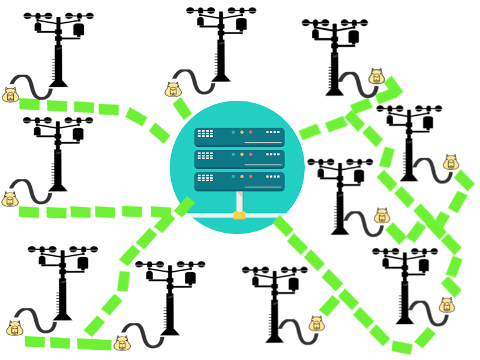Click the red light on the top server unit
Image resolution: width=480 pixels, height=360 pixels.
pos(251,132)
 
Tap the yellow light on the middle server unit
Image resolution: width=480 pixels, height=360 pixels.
pos(242,154)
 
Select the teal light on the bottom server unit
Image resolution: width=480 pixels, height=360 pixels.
pos(233,176)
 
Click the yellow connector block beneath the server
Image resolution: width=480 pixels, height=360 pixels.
pos(239,215)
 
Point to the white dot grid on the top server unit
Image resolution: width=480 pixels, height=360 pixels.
pos(205,133)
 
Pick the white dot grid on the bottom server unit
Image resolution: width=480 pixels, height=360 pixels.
pos(205,178)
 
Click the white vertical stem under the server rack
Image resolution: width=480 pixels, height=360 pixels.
pos(239,201)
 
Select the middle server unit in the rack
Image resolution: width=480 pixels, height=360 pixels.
pos(239,159)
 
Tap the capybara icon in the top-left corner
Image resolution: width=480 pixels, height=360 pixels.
pos(10,95)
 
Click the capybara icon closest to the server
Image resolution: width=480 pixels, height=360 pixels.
pos(173,90)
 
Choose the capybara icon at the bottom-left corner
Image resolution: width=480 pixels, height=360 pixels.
pos(14,328)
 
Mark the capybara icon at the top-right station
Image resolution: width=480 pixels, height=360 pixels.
pos(377,77)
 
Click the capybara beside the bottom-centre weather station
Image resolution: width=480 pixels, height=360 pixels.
pos(317,324)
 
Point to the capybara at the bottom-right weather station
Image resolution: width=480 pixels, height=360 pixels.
pos(447,305)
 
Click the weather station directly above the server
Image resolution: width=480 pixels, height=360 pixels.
pos(221,42)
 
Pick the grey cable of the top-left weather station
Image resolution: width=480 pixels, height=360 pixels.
pos(33,87)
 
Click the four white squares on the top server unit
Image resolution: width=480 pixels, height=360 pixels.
pos(273,132)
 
